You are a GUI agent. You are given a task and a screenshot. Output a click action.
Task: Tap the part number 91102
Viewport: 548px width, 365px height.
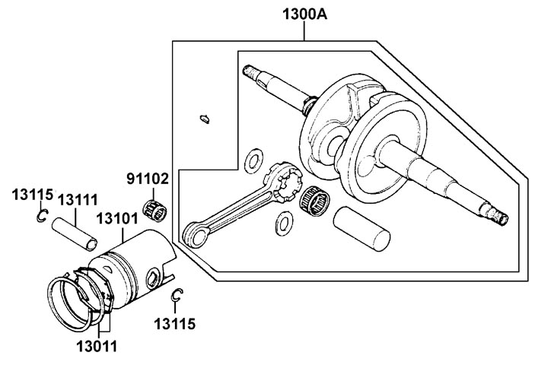148,180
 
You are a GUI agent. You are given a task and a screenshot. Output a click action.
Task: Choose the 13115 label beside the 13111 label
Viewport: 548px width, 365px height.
31,194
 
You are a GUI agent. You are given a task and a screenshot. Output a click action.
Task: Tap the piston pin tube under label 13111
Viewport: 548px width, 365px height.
75,233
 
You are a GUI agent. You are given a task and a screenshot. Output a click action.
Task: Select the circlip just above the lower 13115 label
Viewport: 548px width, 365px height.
177,297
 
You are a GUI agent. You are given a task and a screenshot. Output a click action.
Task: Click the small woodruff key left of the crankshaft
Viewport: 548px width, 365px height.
203,118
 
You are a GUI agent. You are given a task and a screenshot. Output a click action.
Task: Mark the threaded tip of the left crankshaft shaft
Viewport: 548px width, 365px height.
249,72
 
